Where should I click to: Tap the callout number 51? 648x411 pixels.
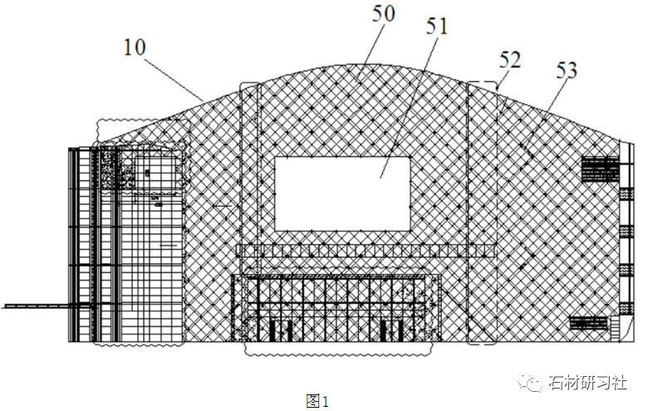click(435, 27)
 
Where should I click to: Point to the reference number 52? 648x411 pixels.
click(511, 60)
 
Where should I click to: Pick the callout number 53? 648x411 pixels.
click(565, 71)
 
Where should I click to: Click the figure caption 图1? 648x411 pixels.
click(318, 402)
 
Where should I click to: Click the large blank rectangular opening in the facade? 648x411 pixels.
click(342, 193)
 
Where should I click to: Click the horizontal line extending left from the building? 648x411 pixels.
click(33, 306)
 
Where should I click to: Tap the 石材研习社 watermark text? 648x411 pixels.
click(587, 384)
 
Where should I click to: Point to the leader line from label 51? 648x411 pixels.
click(407, 108)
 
